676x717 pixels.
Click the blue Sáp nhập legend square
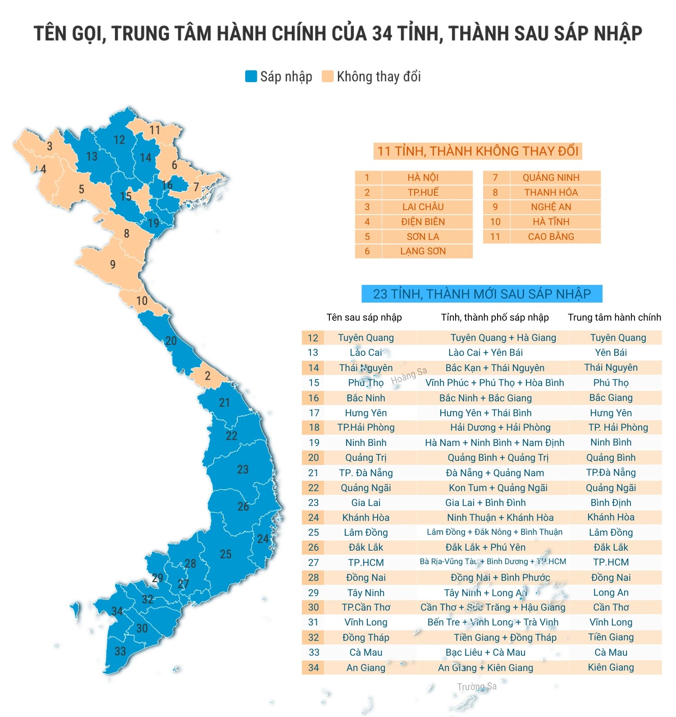(x=251, y=76)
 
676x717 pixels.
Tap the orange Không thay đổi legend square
(x=328, y=76)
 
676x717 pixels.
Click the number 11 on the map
(x=155, y=130)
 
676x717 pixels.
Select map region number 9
(x=113, y=264)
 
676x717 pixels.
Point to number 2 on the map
(x=207, y=376)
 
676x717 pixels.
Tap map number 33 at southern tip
(x=120, y=651)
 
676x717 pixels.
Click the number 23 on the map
(x=243, y=469)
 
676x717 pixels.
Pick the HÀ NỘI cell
(x=423, y=178)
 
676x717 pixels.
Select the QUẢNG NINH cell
(x=551, y=178)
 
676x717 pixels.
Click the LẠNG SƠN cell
(x=423, y=251)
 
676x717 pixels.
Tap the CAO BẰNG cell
(x=551, y=237)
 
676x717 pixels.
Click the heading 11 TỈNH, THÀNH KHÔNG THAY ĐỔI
(x=478, y=151)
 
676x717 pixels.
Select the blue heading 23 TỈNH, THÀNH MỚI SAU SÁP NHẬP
(x=482, y=294)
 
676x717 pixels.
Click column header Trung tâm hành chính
(x=614, y=317)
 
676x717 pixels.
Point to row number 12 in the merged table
(x=313, y=338)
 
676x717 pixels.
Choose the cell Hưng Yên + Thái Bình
(x=485, y=413)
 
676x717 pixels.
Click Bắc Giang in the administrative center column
(x=611, y=398)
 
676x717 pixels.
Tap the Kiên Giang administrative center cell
(x=611, y=667)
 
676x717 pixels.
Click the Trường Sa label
(x=477, y=687)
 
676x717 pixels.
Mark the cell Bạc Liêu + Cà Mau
(x=485, y=653)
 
